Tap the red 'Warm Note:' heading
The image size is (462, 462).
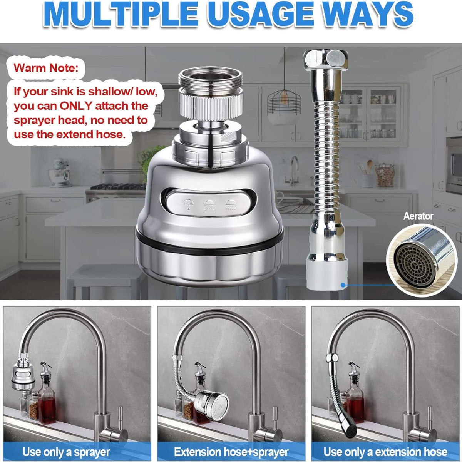point(46,68)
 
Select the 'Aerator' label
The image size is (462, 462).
point(418,216)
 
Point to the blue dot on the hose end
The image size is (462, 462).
point(343,285)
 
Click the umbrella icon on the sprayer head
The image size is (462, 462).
point(188,204)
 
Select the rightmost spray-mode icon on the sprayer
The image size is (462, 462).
point(230,204)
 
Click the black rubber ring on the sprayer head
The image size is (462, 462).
point(209,243)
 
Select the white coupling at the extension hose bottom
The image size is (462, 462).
point(327,275)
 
